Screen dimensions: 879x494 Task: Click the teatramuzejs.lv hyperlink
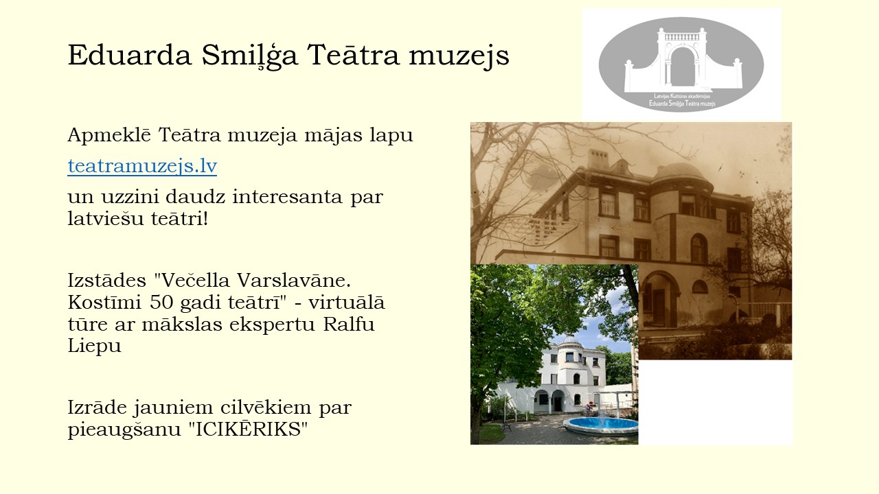pyautogui.click(x=142, y=166)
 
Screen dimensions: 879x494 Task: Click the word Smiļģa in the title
pyautogui.click(x=249, y=56)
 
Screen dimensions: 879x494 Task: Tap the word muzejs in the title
pyautogui.click(x=459, y=56)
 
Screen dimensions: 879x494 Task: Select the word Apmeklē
pyautogui.click(x=109, y=135)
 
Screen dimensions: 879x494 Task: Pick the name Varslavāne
pyautogui.click(x=294, y=281)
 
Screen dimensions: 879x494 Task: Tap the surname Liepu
pyautogui.click(x=95, y=346)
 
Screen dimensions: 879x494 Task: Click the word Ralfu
pyautogui.click(x=349, y=325)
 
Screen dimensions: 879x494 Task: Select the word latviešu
pyautogui.click(x=106, y=218)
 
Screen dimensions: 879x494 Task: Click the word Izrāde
pyautogui.click(x=97, y=407)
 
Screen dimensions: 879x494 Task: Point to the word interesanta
pyautogui.click(x=287, y=196)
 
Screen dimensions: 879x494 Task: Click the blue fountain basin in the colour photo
pyautogui.click(x=601, y=425)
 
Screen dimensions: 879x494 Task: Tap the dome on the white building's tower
pyautogui.click(x=569, y=340)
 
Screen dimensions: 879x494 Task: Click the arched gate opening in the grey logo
pyautogui.click(x=683, y=67)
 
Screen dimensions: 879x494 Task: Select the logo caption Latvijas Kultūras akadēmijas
pyautogui.click(x=682, y=96)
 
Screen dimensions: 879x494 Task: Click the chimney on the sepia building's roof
pyautogui.click(x=598, y=158)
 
